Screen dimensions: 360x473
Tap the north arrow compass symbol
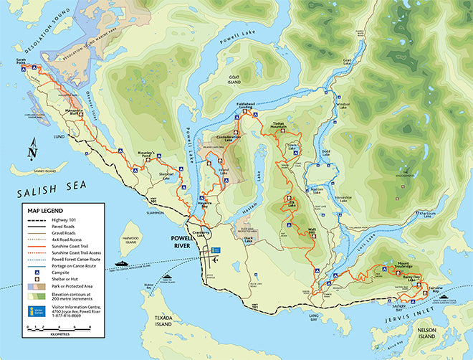point(32,151)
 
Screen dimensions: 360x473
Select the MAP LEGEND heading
point(46,211)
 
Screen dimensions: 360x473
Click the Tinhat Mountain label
point(279,125)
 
